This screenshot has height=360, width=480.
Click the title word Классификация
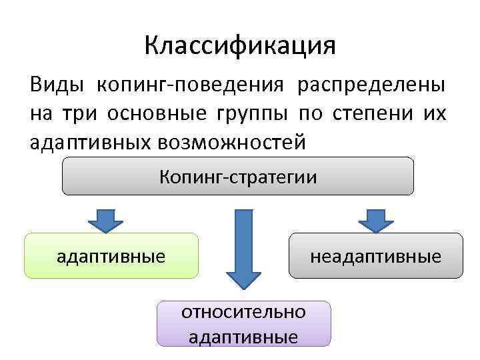coord(240,46)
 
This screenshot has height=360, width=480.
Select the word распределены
coord(373,86)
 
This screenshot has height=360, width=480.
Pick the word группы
coord(251,115)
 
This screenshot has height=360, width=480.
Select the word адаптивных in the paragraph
coord(91,142)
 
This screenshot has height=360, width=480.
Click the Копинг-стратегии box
coord(238,177)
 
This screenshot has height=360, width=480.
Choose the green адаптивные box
coord(111,255)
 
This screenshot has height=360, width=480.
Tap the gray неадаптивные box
coord(375,255)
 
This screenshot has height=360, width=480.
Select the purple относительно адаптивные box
coord(243,323)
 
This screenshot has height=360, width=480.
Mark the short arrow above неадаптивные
coord(376,219)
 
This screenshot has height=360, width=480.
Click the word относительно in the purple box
coord(243,312)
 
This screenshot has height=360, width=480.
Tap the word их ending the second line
coord(433,114)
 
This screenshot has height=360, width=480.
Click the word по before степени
coord(310,114)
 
